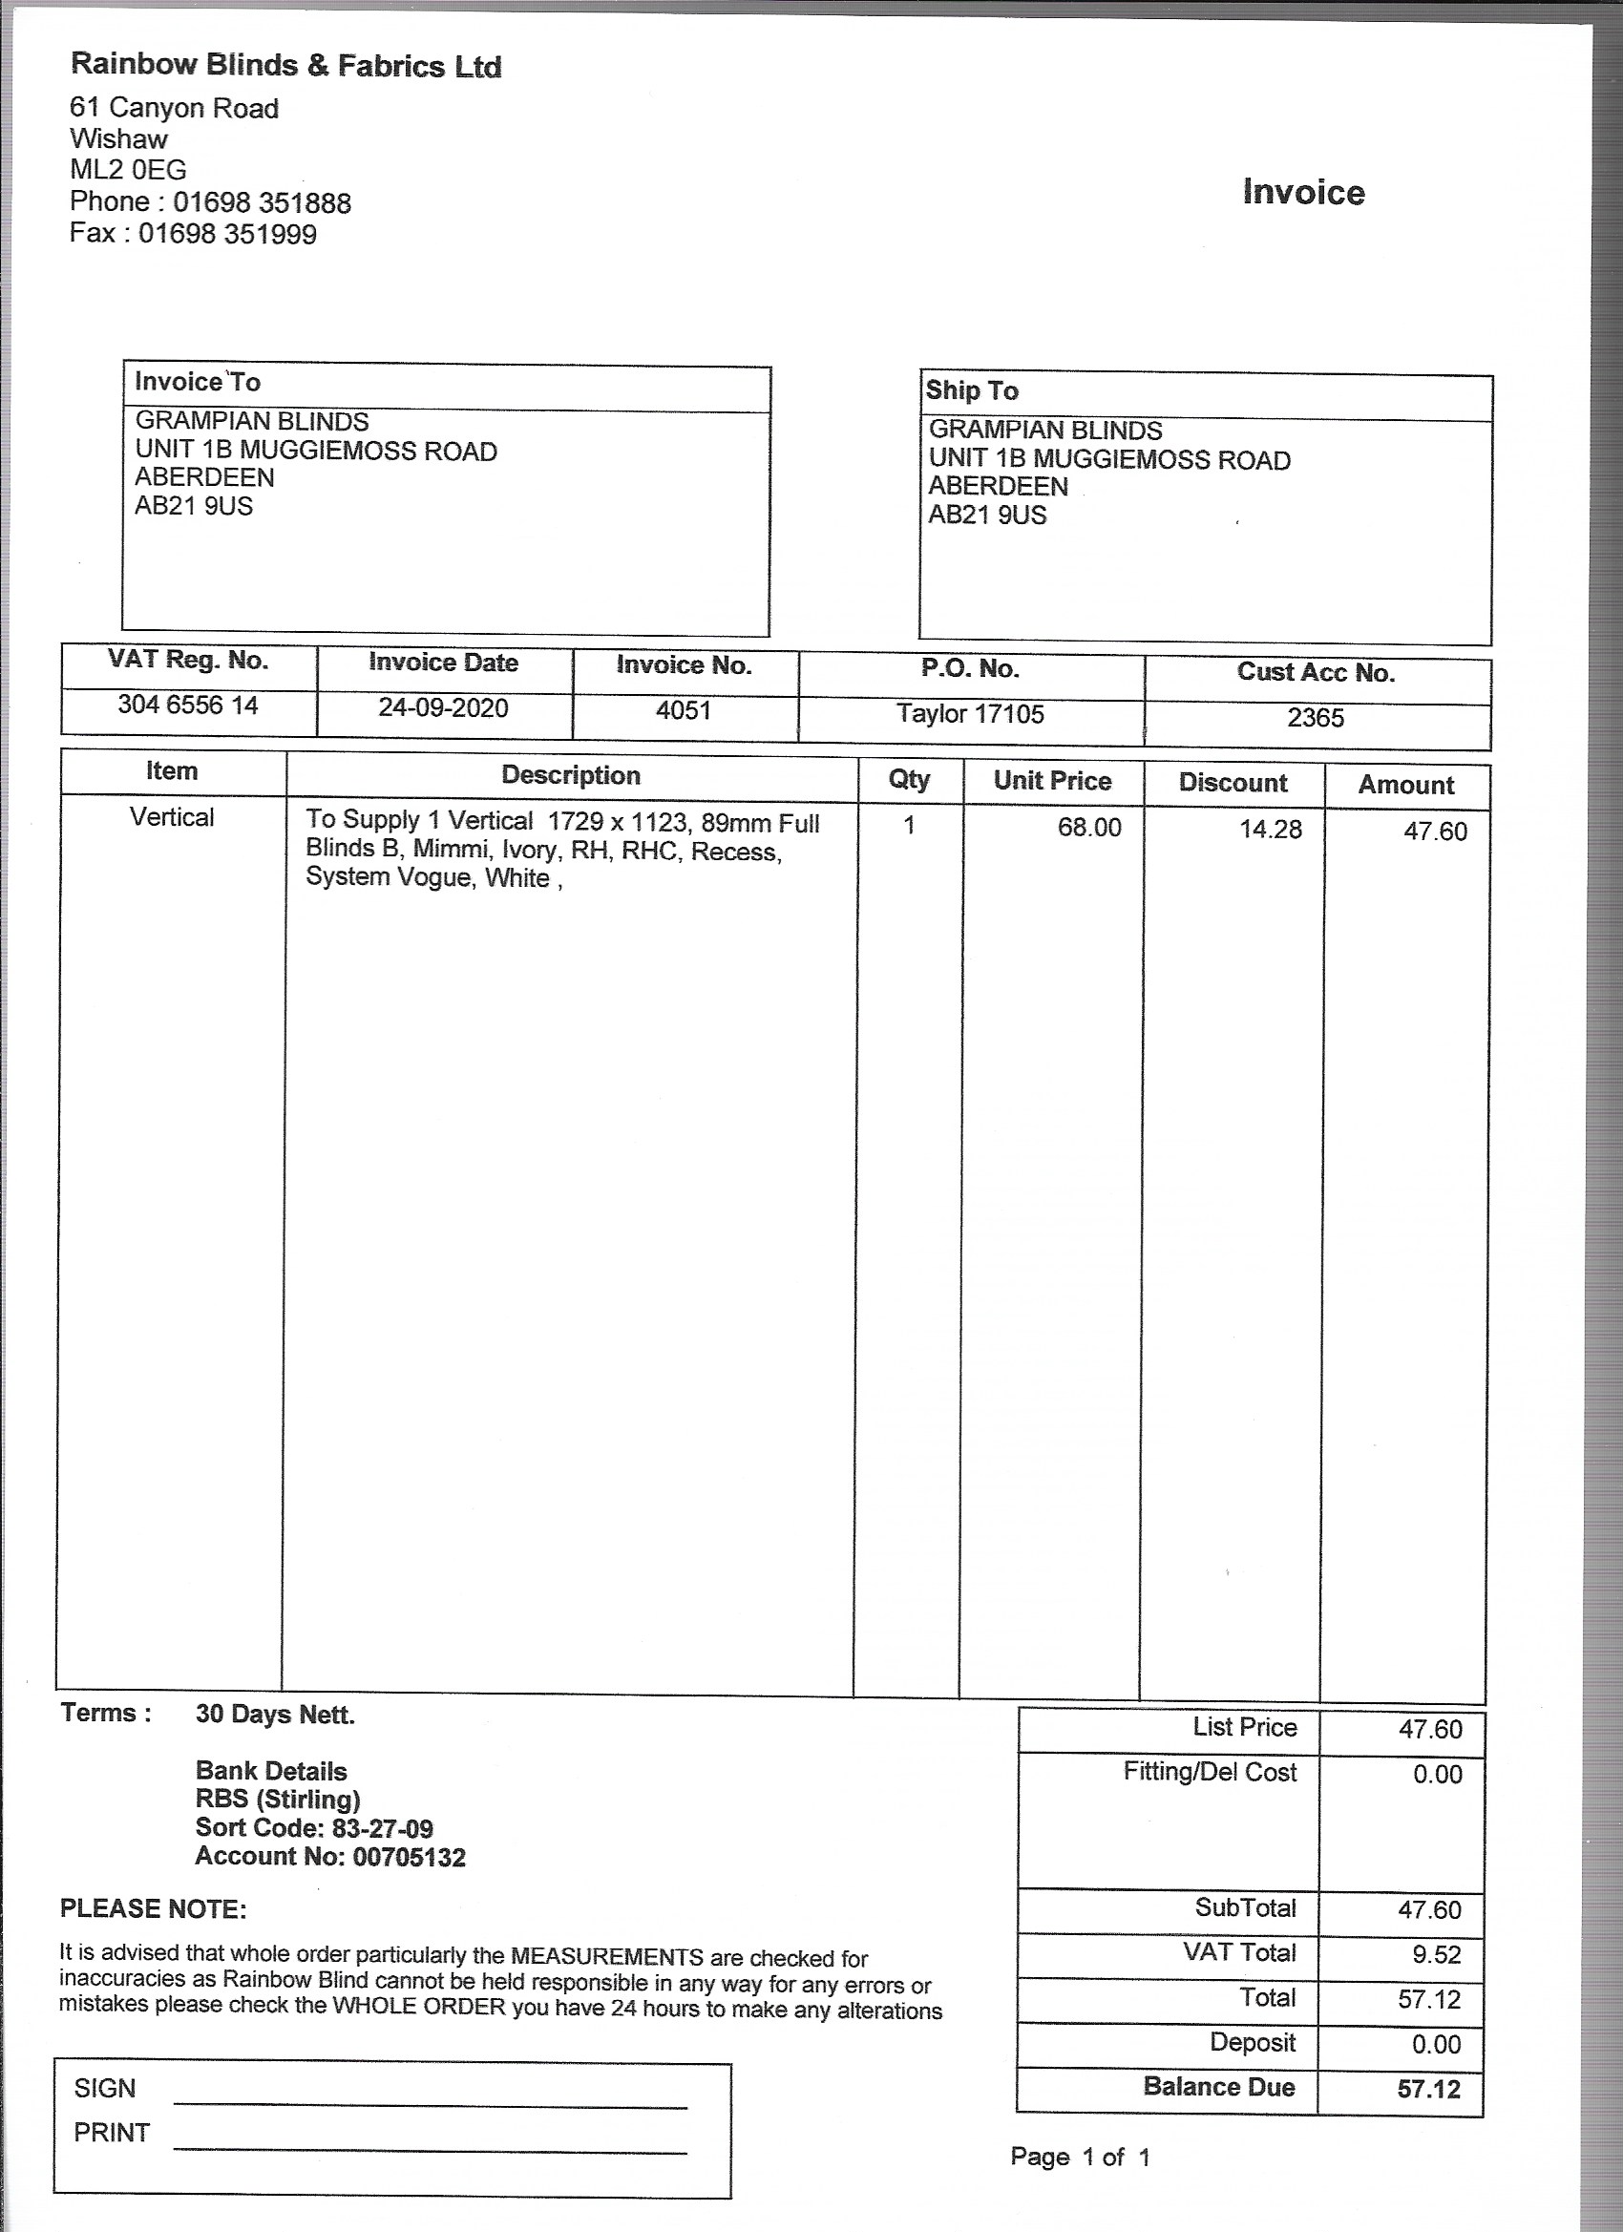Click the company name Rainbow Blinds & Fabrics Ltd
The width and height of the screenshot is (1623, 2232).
click(x=285, y=66)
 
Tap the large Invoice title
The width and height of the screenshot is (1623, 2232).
click(x=1303, y=192)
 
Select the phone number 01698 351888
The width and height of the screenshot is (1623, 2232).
click(x=262, y=202)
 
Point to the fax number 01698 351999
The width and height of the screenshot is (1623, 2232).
click(x=227, y=234)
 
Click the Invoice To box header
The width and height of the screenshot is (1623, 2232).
click(x=198, y=382)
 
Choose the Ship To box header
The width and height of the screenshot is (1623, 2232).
click(x=972, y=390)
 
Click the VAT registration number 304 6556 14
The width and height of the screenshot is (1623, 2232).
click(x=188, y=705)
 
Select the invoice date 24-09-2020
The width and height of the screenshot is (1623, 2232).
click(x=443, y=707)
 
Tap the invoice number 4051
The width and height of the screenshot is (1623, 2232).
click(x=683, y=710)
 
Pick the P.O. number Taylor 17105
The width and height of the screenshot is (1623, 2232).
click(x=969, y=713)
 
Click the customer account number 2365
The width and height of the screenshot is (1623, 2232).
click(x=1315, y=718)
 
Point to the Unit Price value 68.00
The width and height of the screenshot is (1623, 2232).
click(x=1088, y=827)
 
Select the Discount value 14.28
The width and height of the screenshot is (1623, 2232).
click(x=1270, y=830)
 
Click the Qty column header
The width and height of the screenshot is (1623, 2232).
click(x=909, y=779)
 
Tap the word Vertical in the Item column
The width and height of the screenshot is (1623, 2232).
click(x=171, y=817)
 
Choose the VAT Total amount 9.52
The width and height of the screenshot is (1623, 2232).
click(x=1436, y=1954)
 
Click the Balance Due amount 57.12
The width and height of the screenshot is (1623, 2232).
click(x=1428, y=2090)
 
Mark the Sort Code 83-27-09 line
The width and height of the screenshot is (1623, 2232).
click(x=314, y=1828)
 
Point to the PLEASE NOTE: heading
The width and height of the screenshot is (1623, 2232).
click(x=154, y=1909)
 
